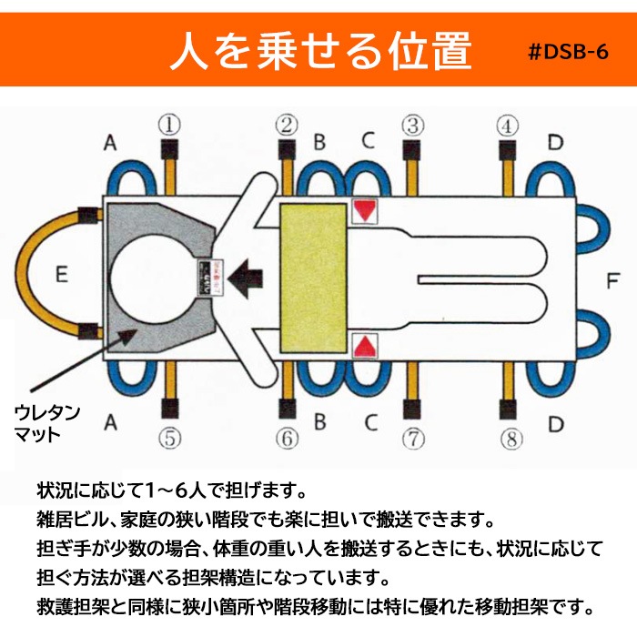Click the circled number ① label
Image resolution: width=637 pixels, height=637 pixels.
tap(168, 124)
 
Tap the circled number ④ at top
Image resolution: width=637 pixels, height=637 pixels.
tap(508, 124)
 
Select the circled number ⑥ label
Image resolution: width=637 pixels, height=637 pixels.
tap(288, 440)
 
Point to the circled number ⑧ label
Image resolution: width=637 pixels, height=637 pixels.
tap(511, 440)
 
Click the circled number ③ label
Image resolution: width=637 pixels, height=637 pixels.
tap(413, 124)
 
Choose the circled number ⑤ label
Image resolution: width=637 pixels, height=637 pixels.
tap(168, 440)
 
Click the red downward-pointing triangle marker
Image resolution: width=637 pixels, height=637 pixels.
tap(365, 211)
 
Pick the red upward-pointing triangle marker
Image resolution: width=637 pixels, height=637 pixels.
tap(365, 346)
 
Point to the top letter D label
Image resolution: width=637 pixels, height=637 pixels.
tap(556, 142)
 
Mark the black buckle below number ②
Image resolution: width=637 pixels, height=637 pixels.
tap(288, 150)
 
